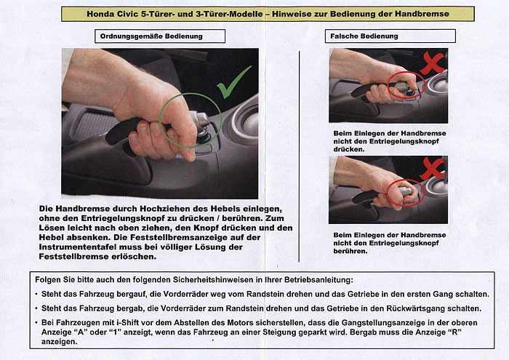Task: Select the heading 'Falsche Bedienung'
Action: [x=365, y=36]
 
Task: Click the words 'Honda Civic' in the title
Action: [x=111, y=14]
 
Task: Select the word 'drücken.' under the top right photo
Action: [x=348, y=149]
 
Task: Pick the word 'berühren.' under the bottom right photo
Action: [x=350, y=252]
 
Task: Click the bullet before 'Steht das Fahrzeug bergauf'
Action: [x=36, y=295]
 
